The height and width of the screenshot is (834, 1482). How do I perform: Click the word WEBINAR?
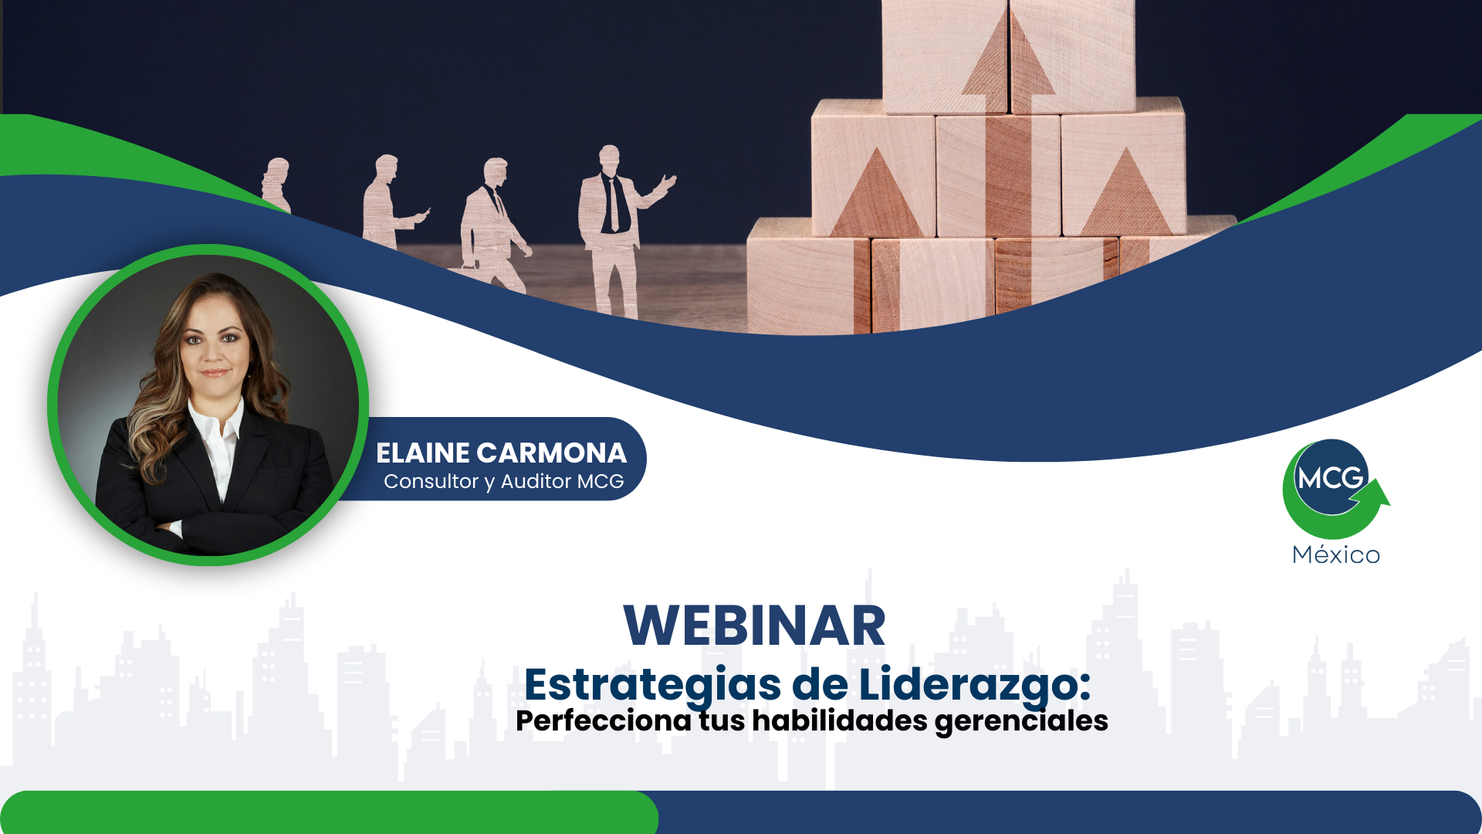point(754,625)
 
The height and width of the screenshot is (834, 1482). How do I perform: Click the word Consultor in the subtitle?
point(431,481)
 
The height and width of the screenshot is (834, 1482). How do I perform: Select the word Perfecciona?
point(604,721)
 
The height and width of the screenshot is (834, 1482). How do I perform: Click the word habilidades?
point(840,720)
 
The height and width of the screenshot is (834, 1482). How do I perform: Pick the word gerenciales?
point(1021,722)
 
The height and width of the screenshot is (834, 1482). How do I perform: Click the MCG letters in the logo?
point(1331,479)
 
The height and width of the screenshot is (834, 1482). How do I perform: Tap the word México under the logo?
point(1336,554)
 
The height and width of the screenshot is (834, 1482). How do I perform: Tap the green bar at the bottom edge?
point(329,812)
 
